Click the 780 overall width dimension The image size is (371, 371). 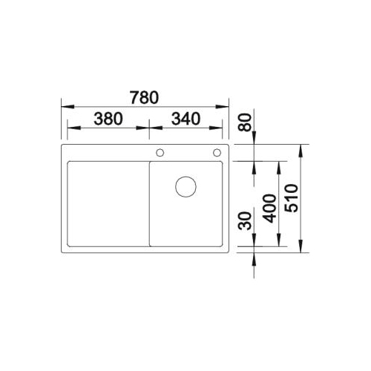[x=145, y=97]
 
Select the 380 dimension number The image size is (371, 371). [x=108, y=119]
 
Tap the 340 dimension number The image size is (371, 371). [x=185, y=119]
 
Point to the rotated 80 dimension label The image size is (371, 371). [x=244, y=122]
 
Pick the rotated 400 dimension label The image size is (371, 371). [x=269, y=209]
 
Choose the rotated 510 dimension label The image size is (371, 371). [x=292, y=198]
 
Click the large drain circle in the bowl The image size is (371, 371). [x=185, y=187]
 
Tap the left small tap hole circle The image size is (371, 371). [x=160, y=153]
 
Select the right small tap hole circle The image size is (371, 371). [x=217, y=153]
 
